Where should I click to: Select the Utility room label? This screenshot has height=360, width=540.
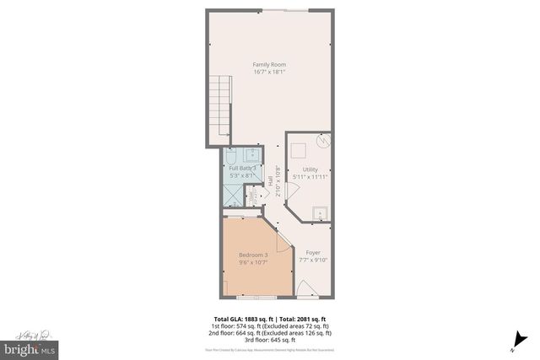(311, 169)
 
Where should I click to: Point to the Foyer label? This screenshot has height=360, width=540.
(312, 252)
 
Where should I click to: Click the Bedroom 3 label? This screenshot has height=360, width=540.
(253, 255)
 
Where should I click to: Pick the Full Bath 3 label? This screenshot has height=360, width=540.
(242, 169)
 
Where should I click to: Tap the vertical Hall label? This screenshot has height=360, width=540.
(271, 180)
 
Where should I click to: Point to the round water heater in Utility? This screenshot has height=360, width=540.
(321, 142)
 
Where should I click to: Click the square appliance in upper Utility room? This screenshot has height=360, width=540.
(298, 150)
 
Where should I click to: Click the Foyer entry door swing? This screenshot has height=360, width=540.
(301, 287)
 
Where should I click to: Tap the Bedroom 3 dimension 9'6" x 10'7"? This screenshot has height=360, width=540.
(253, 262)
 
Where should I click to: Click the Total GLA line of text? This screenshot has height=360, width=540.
(269, 319)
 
